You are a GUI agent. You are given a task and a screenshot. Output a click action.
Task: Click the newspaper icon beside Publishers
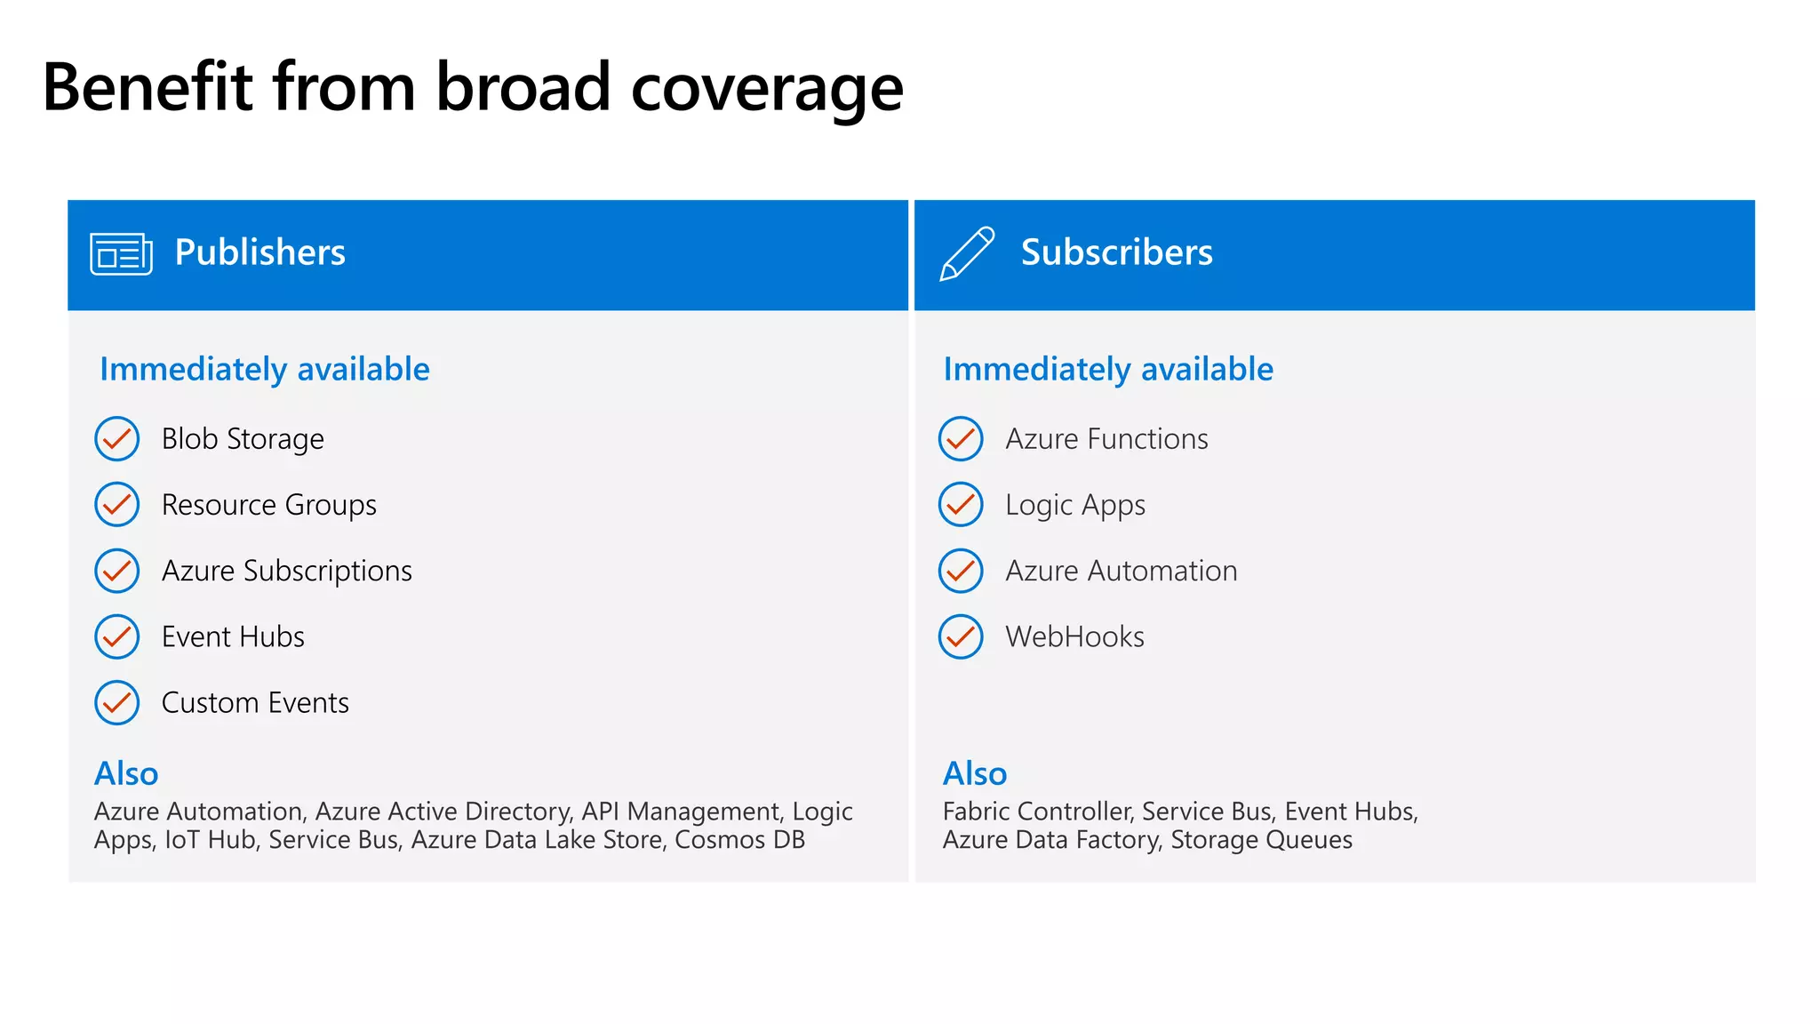pyautogui.click(x=121, y=253)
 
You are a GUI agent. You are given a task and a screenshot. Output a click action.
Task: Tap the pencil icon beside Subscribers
pyautogui.click(x=967, y=253)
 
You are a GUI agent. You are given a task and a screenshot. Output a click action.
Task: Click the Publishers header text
pyautogui.click(x=259, y=252)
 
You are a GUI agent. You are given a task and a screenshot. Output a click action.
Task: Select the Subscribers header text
pyautogui.click(x=1116, y=252)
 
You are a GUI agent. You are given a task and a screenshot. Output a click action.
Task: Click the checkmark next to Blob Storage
pyautogui.click(x=117, y=439)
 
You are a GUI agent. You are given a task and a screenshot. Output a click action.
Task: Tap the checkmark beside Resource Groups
pyautogui.click(x=117, y=505)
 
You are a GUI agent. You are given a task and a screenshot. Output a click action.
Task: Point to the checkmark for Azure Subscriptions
pyautogui.click(x=117, y=571)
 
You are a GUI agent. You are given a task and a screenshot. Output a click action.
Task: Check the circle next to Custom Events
pyautogui.click(x=117, y=703)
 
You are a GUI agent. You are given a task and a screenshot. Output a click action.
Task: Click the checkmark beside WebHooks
pyautogui.click(x=961, y=637)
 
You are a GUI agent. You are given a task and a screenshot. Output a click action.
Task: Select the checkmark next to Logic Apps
pyautogui.click(x=961, y=505)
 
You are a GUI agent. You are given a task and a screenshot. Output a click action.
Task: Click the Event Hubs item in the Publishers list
pyautogui.click(x=233, y=637)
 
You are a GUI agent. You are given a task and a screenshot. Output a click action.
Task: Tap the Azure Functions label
pyautogui.click(x=1106, y=439)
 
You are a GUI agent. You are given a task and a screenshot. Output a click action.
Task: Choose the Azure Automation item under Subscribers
pyautogui.click(x=1121, y=571)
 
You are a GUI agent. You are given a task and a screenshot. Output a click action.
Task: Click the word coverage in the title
pyautogui.click(x=767, y=89)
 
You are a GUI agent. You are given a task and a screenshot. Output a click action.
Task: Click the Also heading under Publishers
pyautogui.click(x=126, y=774)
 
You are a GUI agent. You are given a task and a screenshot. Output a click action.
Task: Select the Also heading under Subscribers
pyautogui.click(x=975, y=774)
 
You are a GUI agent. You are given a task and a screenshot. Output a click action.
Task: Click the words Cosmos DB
pyautogui.click(x=739, y=840)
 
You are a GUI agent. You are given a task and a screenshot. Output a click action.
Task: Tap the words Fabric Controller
pyautogui.click(x=1037, y=812)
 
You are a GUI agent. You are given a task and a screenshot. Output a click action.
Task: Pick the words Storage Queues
pyautogui.click(x=1261, y=840)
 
